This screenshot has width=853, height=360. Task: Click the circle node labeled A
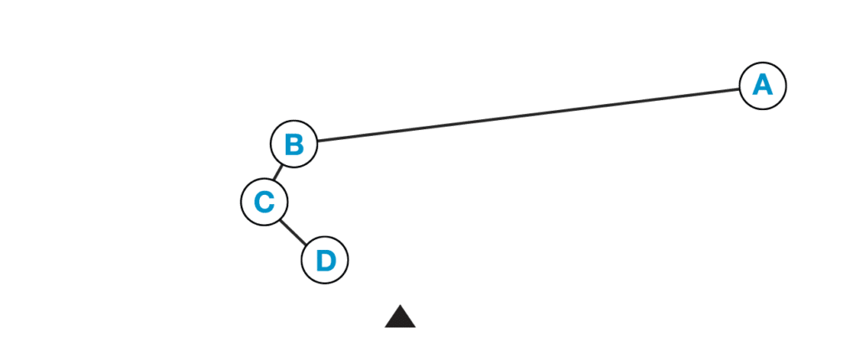click(x=763, y=86)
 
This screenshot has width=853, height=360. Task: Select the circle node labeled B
click(x=294, y=144)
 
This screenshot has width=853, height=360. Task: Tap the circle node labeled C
click(x=264, y=202)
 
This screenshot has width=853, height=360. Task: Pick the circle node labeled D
click(x=325, y=260)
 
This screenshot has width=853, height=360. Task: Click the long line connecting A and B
click(x=528, y=115)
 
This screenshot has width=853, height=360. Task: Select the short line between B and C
click(x=278, y=173)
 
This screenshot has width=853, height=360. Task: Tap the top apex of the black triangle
click(x=400, y=304)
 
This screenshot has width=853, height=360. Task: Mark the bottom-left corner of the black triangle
click(x=385, y=327)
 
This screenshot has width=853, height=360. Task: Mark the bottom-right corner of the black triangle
click(x=416, y=327)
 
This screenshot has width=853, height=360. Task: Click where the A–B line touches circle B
click(x=317, y=142)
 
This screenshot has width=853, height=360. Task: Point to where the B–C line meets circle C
click(x=275, y=181)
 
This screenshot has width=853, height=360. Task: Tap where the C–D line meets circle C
click(x=281, y=219)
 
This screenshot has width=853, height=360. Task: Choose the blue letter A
click(x=763, y=85)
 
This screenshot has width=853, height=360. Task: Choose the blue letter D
click(x=326, y=261)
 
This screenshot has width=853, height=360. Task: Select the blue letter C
click(x=264, y=202)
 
